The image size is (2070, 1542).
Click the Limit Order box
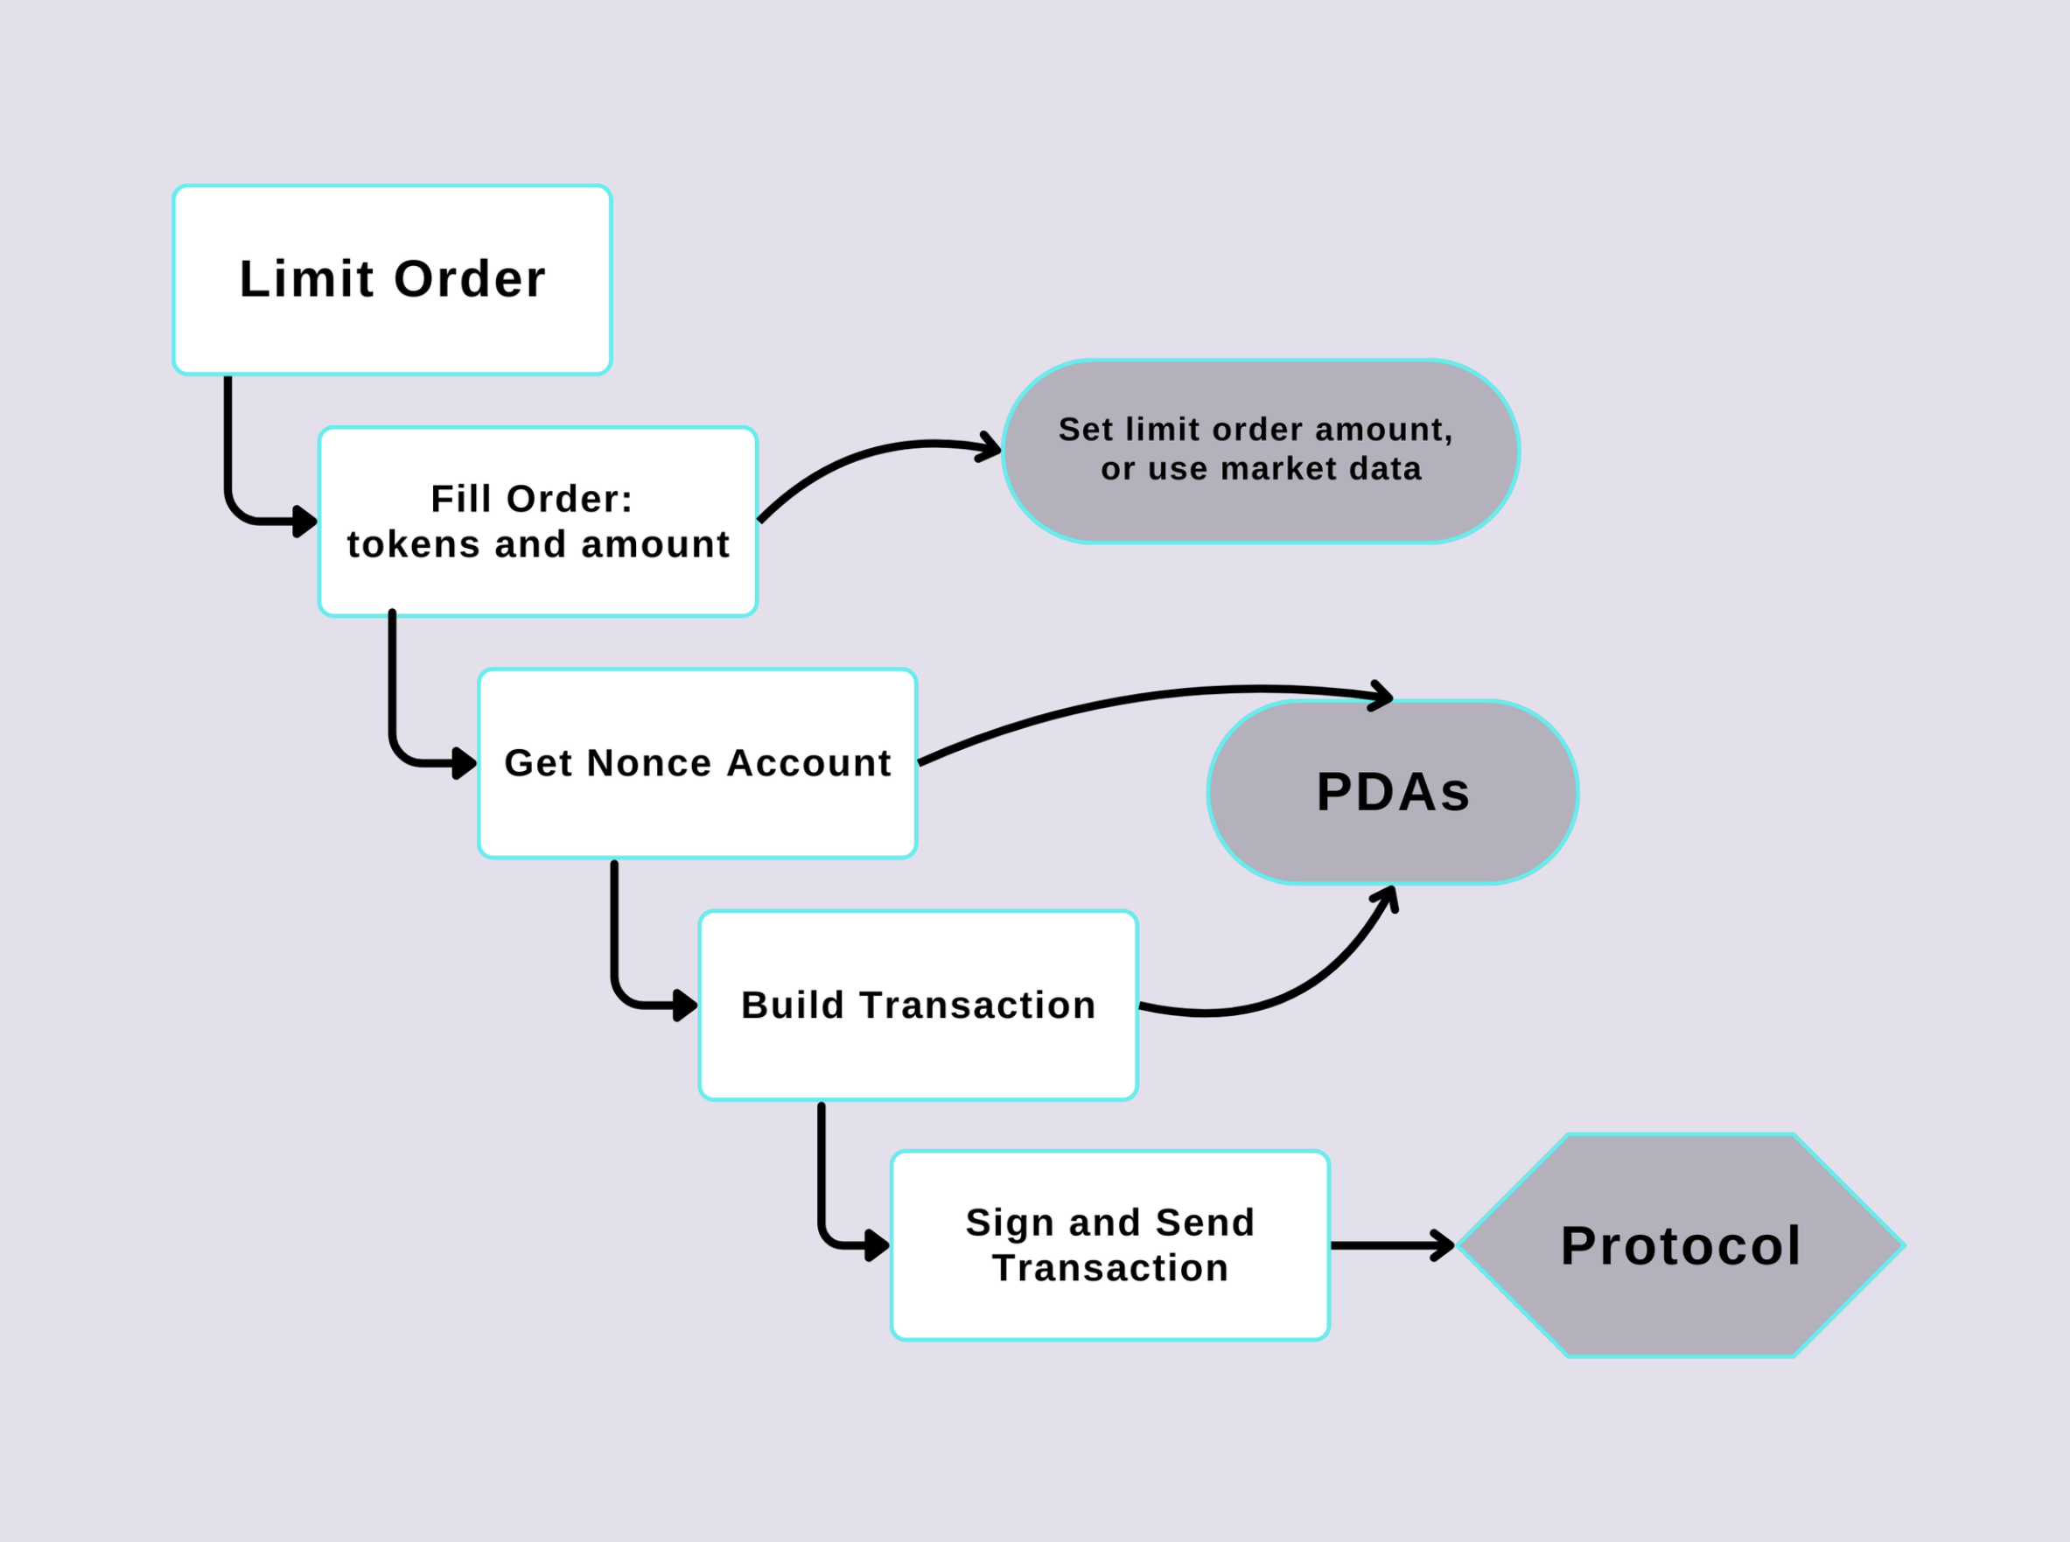392,280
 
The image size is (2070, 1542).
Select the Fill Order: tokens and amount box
537,522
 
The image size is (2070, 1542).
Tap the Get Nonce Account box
697,763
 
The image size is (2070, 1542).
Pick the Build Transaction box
919,1006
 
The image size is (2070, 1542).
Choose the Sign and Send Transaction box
1109,1245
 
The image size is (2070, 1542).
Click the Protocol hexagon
1680,1245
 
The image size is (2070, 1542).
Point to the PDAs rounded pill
1393,791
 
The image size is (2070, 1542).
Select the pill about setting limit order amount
1260,451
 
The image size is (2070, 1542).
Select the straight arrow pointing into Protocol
1390,1245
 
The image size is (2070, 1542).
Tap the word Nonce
649,763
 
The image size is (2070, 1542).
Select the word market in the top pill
1268,468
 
